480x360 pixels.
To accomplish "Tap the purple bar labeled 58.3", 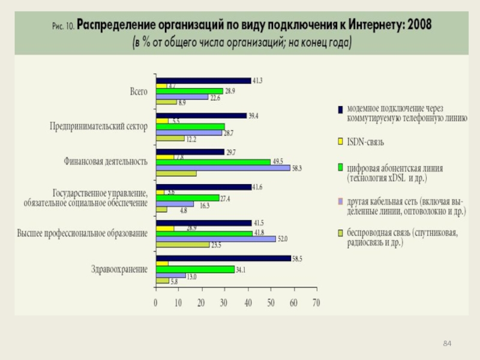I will (223, 167).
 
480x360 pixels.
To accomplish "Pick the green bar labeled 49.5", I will (213, 161).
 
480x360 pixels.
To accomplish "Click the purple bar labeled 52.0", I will (215, 238).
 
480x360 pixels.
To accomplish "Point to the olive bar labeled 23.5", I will (182, 244).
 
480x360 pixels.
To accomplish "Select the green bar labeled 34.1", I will (195, 269).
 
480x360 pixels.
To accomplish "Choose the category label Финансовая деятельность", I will (106, 161).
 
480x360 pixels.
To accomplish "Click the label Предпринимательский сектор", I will (98, 127).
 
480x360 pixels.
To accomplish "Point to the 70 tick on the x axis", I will (316, 303).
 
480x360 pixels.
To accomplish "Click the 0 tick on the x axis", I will (155, 303).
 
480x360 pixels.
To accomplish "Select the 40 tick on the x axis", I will (247, 303).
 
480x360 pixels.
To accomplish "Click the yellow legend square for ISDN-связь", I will (339, 142).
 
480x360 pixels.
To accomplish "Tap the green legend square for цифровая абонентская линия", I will (339, 166).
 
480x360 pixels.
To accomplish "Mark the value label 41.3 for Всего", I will (258, 80).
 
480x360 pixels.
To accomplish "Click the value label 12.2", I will (192, 139).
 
